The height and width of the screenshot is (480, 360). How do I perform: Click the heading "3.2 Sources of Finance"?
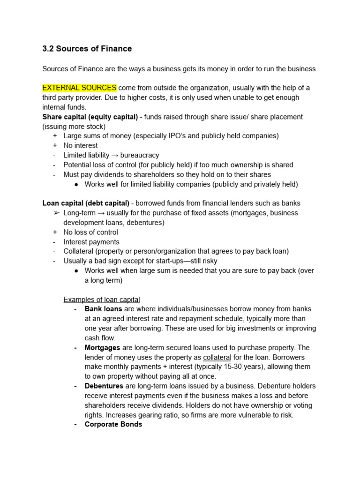[x=87, y=49]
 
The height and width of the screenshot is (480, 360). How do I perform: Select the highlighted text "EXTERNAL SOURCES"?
[x=79, y=88]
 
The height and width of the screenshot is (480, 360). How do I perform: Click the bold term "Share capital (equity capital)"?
[x=90, y=117]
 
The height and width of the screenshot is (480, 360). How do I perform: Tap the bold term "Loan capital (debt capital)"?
[x=86, y=203]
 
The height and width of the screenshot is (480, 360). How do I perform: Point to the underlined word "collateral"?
[x=217, y=357]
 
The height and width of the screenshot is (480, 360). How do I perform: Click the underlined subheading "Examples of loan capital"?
[x=102, y=300]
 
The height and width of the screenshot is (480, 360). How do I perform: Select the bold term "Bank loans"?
[x=103, y=309]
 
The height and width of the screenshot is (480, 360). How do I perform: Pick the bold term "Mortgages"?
[x=102, y=347]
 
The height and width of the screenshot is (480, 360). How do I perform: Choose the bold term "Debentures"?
[x=104, y=386]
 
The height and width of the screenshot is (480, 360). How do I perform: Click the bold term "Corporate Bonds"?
[x=113, y=424]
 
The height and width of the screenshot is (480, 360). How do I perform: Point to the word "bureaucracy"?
[x=140, y=155]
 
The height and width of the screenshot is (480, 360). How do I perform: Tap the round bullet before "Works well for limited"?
[x=76, y=184]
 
